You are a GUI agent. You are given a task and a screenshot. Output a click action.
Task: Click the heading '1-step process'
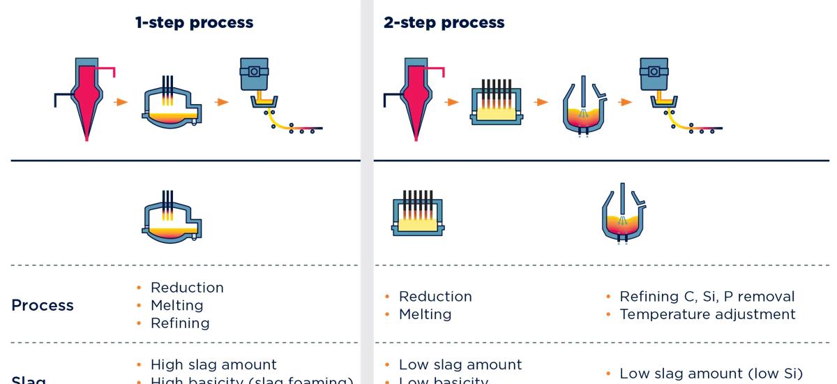pos(194,22)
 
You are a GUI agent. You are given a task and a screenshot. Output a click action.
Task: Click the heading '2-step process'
pos(444,22)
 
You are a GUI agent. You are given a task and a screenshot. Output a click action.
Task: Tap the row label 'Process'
pos(43,305)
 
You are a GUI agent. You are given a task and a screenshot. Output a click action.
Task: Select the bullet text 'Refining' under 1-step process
pos(180,323)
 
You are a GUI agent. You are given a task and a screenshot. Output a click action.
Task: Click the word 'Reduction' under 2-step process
pos(435,297)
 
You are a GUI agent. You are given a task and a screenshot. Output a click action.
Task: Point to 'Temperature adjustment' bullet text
pos(707,314)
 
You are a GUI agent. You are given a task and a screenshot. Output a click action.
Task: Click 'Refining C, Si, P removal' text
pos(707,297)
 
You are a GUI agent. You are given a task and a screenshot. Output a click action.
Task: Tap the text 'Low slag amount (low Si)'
pos(711,374)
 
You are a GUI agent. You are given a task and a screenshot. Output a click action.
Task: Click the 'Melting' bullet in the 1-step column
pos(177,305)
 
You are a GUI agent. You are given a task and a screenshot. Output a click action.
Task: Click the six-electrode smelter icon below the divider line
pos(417,214)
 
